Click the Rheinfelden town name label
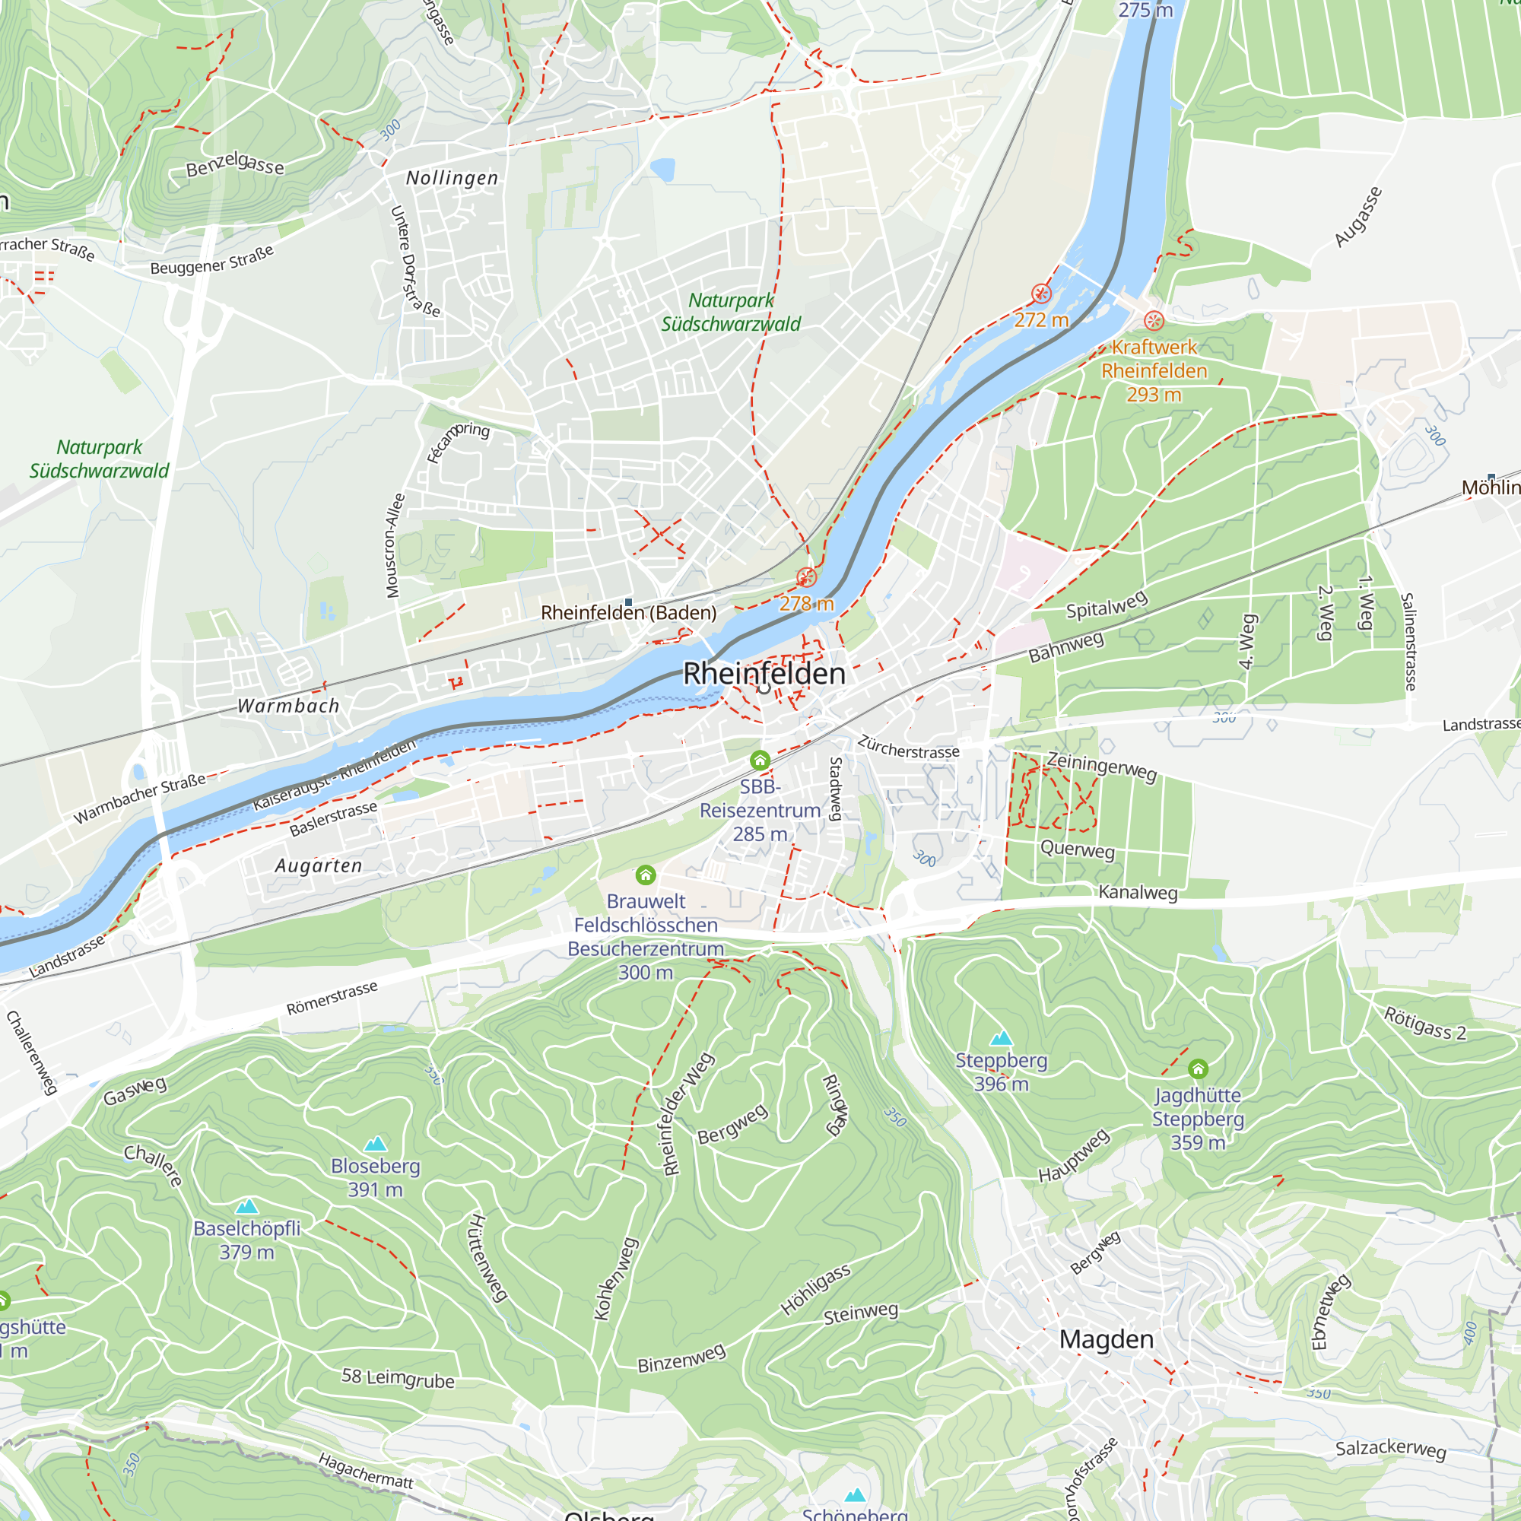pos(764,674)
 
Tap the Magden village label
pos(1106,1339)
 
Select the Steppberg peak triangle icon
pos(1001,1037)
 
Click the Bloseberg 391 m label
pos(376,1177)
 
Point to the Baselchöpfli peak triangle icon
pos(247,1206)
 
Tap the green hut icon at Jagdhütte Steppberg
pos(1198,1069)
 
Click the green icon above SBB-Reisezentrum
pos(760,760)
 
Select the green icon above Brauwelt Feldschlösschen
pos(646,875)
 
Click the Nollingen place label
pos(452,179)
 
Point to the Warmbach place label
pos(289,707)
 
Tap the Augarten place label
pos(319,866)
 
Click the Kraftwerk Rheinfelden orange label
pos(1154,359)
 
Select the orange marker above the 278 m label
pos(806,577)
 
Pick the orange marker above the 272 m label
pos(1042,294)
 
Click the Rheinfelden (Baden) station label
pos(628,612)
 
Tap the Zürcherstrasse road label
pos(909,747)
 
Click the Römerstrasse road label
pos(332,999)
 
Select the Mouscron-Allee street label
pos(395,545)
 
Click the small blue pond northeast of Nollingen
pos(663,169)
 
